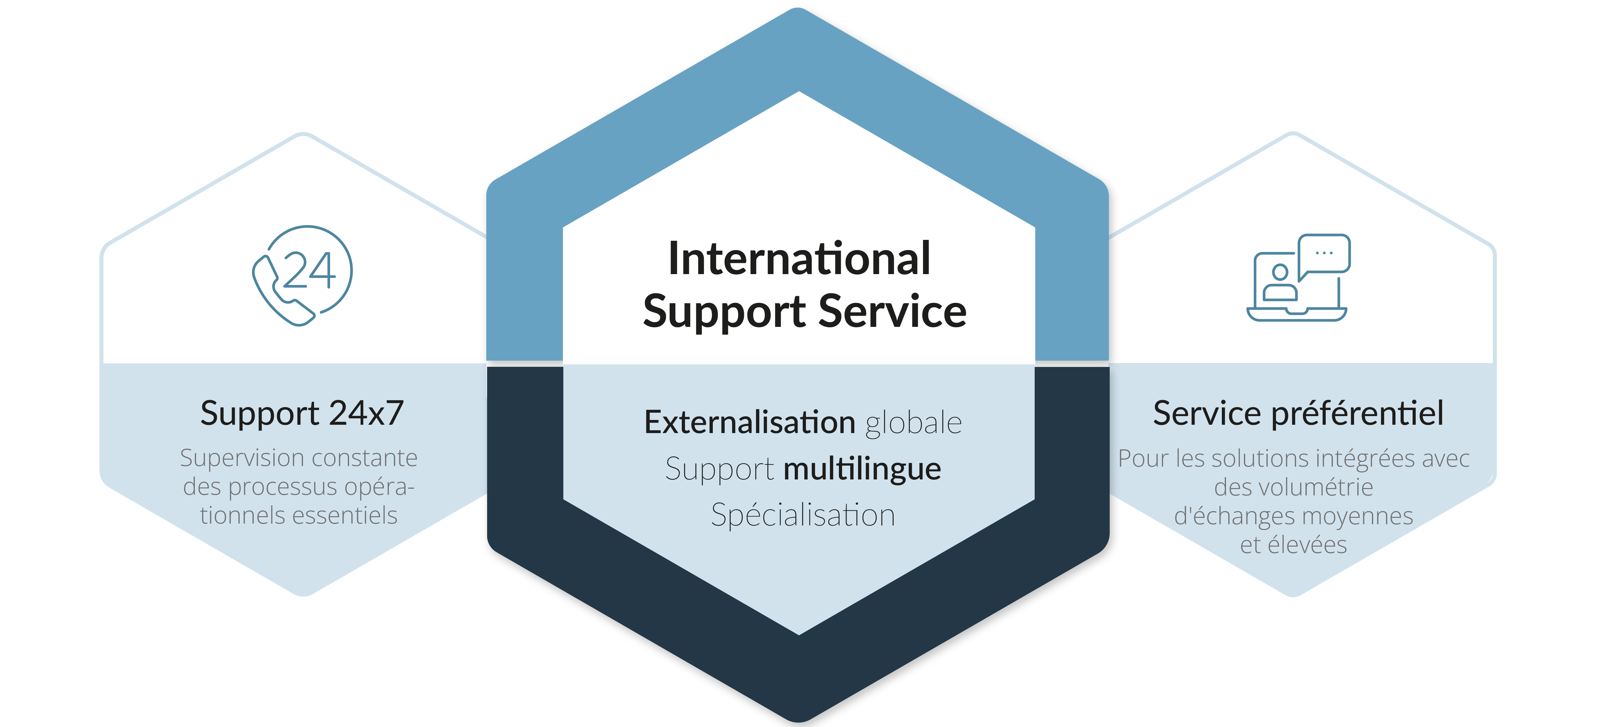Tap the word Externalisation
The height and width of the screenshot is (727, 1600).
click(750, 423)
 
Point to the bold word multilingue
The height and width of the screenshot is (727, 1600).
click(862, 469)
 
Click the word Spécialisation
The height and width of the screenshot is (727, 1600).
click(802, 515)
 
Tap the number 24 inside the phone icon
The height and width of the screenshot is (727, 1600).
click(309, 271)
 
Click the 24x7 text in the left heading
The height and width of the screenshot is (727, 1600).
click(366, 414)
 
